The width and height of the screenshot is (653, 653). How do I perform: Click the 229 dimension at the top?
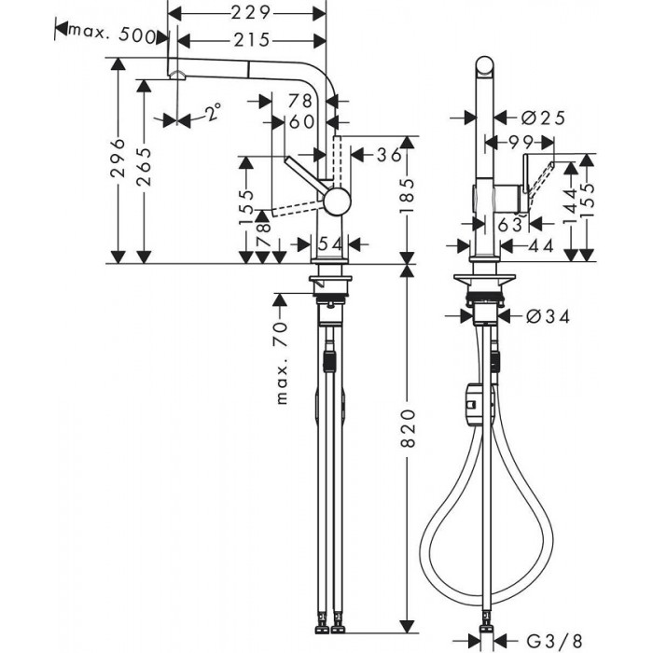(251, 13)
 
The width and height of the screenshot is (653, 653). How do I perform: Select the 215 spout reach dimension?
(251, 40)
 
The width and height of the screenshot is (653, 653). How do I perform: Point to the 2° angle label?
(214, 114)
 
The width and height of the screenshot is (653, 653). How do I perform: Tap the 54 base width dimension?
(330, 243)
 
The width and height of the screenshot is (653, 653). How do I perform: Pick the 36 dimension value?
(388, 154)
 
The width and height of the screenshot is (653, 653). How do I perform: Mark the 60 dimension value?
(300, 122)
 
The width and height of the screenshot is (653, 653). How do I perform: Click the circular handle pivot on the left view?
(336, 199)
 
